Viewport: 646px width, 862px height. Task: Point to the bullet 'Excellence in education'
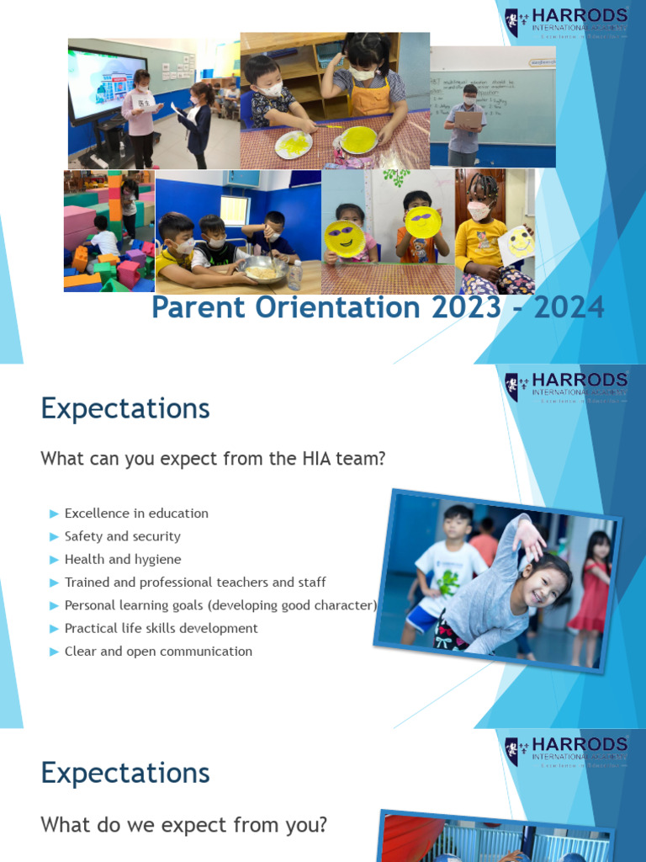point(136,513)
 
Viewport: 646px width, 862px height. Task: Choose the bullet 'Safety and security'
point(123,536)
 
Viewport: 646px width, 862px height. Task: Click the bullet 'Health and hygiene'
point(123,559)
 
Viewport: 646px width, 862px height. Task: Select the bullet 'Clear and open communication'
point(158,651)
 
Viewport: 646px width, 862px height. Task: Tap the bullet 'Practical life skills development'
point(161,628)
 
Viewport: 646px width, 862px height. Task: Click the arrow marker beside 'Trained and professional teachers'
point(55,583)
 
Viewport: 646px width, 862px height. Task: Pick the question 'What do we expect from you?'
point(183,825)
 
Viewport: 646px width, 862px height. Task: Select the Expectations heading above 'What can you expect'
point(124,409)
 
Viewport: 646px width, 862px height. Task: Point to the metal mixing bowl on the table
point(265,269)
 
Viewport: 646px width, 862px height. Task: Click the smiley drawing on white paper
point(518,243)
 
